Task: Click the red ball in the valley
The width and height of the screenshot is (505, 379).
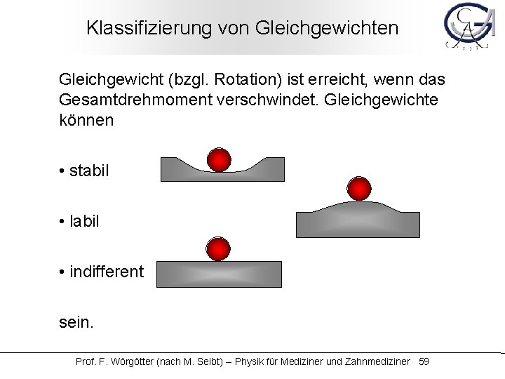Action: click(x=220, y=159)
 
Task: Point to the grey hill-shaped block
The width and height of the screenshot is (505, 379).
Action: click(x=358, y=221)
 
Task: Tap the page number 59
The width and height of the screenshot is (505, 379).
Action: click(x=424, y=361)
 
